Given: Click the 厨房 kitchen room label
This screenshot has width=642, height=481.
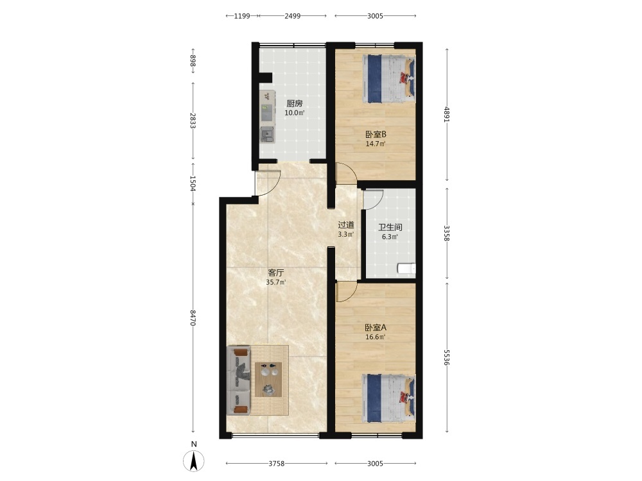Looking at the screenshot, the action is [295, 103].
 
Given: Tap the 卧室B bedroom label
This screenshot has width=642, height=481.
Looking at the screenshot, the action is [376, 134].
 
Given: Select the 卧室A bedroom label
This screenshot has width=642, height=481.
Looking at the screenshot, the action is [376, 328].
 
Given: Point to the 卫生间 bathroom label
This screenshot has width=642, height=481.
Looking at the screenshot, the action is [390, 228].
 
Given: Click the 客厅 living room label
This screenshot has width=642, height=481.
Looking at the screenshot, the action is [275, 273].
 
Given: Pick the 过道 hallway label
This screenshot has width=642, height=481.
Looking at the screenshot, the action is [346, 225].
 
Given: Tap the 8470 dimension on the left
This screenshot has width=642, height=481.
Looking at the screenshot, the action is [193, 318].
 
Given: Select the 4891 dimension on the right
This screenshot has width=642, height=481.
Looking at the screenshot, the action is [447, 115].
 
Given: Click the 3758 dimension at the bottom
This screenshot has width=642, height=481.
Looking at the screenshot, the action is [277, 464].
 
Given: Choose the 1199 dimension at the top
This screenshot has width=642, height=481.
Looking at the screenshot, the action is [242, 16].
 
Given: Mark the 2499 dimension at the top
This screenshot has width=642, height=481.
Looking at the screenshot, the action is [292, 16].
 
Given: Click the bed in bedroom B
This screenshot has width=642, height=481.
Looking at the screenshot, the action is [388, 78].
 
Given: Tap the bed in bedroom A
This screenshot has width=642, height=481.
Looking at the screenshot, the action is [388, 398].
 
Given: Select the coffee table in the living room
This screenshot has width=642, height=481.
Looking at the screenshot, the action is [268, 380].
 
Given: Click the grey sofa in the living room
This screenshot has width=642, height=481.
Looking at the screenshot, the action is [239, 380].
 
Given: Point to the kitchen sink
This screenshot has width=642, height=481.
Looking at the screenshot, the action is [267, 134].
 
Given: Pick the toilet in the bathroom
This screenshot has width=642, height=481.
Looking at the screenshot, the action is [406, 268].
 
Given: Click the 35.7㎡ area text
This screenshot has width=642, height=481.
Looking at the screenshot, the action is [276, 282].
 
